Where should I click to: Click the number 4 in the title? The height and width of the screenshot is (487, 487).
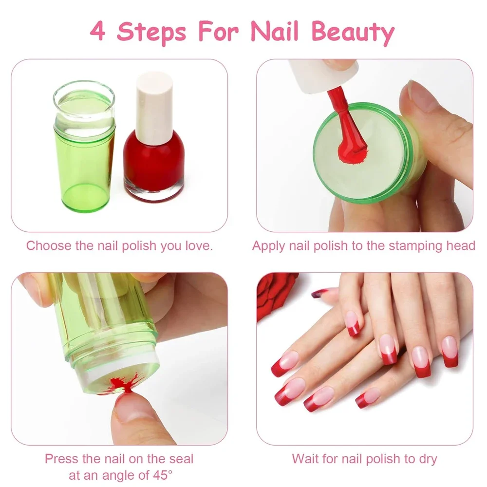coord(97,31)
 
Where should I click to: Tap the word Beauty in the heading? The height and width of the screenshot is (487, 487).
coord(353,32)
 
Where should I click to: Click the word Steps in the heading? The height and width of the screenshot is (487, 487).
coord(151,32)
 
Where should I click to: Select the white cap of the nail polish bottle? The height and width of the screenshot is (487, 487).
coord(154,108)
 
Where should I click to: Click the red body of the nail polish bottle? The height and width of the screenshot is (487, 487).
coord(154,163)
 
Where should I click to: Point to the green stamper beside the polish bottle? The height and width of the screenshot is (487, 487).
coord(84,146)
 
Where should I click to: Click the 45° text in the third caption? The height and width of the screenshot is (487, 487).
coord(163,475)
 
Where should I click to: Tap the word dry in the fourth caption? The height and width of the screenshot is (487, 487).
coord(428,460)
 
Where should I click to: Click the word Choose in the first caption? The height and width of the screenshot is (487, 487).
coord(49,245)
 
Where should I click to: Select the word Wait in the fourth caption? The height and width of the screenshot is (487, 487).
coord(304,459)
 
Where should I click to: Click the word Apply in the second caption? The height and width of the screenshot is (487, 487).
coord(269,246)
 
